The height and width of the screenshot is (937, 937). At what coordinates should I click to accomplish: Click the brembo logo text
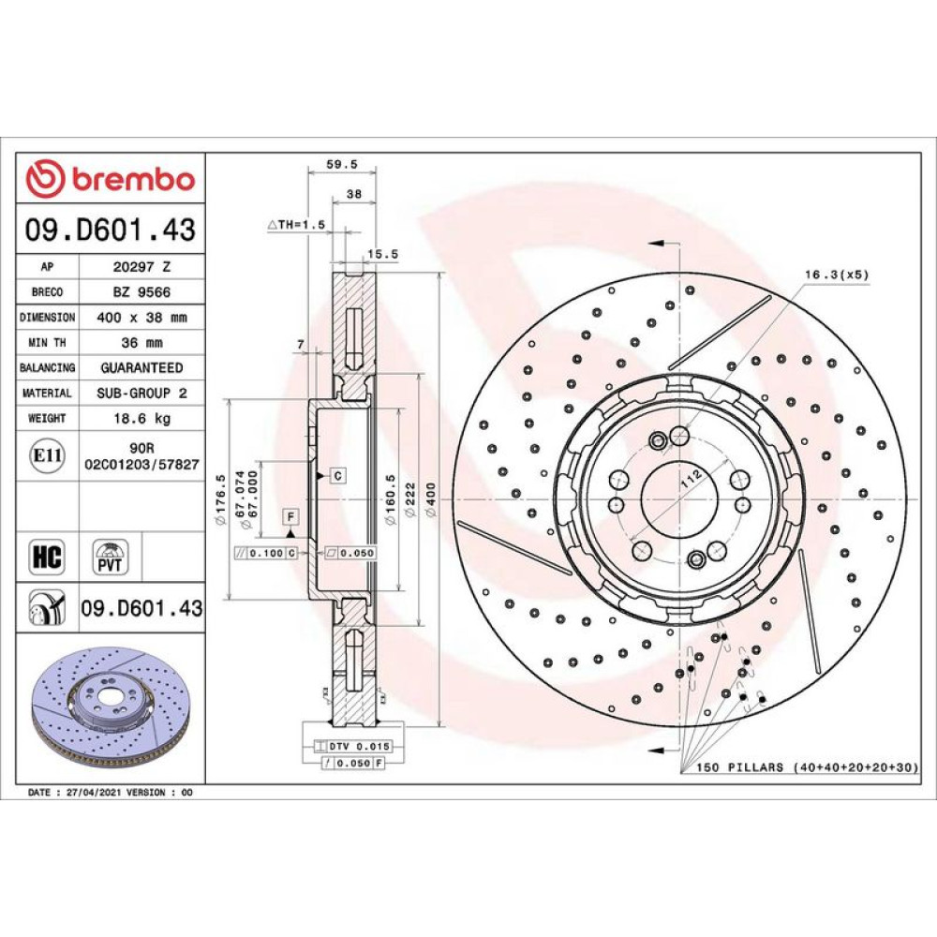click(133, 180)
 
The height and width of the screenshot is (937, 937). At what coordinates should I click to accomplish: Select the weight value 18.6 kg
click(142, 418)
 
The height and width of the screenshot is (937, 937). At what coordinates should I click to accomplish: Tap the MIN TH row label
click(47, 343)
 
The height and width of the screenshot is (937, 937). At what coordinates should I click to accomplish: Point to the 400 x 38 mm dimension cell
click(142, 318)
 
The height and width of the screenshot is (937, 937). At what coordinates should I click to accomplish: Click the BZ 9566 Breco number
click(142, 292)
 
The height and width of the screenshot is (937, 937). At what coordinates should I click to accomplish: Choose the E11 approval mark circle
click(47, 455)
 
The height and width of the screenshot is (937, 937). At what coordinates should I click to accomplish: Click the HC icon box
click(47, 557)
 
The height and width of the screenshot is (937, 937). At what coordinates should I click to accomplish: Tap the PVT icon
click(111, 557)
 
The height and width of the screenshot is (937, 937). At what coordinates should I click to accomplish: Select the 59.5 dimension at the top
click(342, 164)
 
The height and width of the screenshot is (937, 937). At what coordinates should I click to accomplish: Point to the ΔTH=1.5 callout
click(296, 225)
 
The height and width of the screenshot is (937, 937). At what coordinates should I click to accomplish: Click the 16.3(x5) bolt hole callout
click(837, 275)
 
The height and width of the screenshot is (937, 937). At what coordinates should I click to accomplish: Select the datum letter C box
click(338, 476)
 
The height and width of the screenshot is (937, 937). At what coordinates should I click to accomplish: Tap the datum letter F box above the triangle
click(291, 516)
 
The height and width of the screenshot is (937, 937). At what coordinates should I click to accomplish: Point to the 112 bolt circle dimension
click(692, 479)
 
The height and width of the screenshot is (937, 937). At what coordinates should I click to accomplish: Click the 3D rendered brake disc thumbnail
click(111, 708)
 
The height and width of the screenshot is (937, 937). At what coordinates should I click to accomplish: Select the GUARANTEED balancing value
click(142, 368)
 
